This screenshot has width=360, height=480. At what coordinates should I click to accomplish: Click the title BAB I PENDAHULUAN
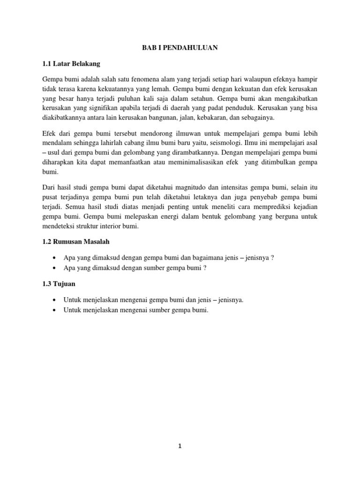tap(180, 47)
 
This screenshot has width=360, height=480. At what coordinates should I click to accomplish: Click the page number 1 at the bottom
tap(180, 447)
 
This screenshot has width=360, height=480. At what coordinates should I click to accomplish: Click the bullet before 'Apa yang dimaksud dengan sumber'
tap(55, 268)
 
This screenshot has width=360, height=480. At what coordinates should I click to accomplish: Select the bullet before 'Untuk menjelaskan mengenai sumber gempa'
tap(55, 310)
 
